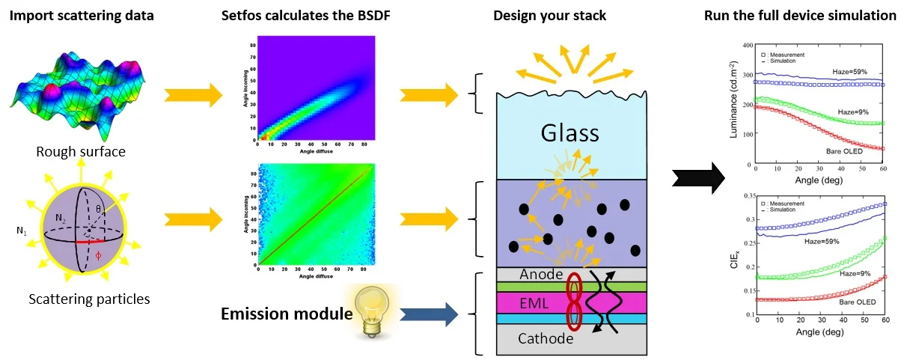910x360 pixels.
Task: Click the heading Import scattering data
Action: (x=80, y=15)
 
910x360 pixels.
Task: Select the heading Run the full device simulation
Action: (x=800, y=15)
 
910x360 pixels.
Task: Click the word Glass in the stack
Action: (x=571, y=133)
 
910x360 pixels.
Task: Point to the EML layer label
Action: (x=534, y=303)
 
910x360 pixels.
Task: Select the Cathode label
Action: (x=546, y=338)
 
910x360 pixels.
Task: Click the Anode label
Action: (x=540, y=274)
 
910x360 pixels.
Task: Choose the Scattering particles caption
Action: (x=89, y=299)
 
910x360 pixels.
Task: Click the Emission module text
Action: (x=286, y=313)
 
